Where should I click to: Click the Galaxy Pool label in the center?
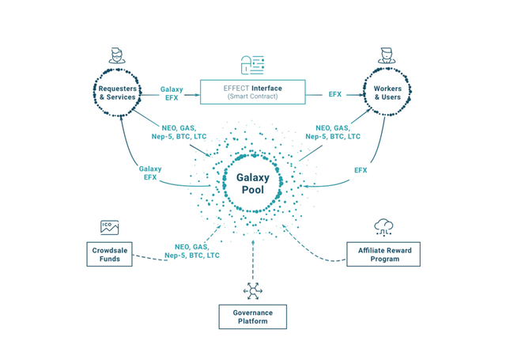point(253,184)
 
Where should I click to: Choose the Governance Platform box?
point(253,316)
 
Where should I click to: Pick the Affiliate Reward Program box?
point(383,254)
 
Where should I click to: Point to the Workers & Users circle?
point(387,90)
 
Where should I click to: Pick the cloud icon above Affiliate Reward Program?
point(384,227)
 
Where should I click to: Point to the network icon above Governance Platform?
point(253,290)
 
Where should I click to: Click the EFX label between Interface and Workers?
point(335,94)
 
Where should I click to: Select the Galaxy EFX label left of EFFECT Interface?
point(171,93)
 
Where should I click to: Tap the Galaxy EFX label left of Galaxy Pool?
point(149,172)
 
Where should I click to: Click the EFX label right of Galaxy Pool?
point(361,170)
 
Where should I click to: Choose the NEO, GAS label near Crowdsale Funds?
point(192,251)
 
